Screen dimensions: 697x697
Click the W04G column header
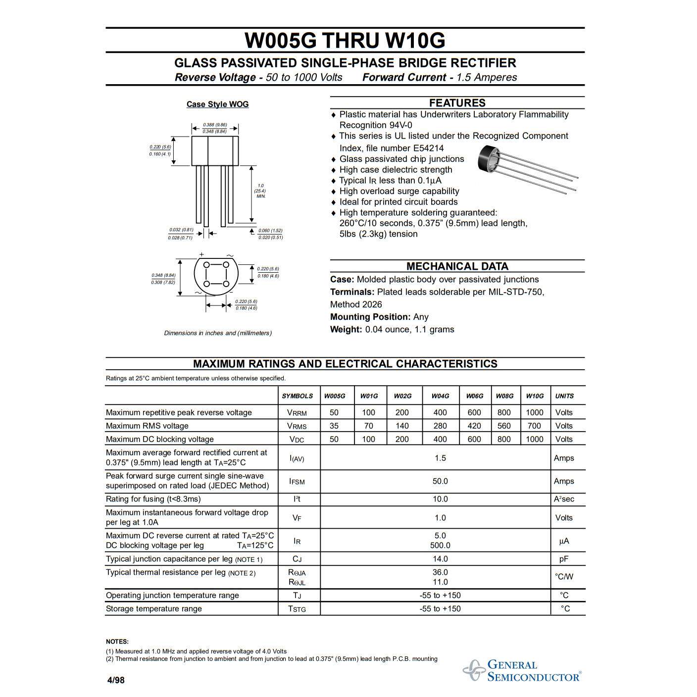click(x=440, y=396)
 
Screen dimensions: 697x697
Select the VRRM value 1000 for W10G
click(x=535, y=412)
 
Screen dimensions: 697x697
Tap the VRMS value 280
click(x=440, y=426)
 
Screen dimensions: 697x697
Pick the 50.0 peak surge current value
click(x=440, y=481)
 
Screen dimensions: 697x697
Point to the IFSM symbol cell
click(x=297, y=481)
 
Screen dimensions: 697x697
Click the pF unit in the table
click(x=564, y=559)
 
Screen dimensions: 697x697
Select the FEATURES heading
click(x=457, y=103)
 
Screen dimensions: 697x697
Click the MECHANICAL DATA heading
click(x=457, y=266)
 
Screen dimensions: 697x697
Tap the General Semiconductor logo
click(x=522, y=671)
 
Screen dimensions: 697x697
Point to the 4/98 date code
click(x=116, y=680)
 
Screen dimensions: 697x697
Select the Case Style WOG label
click(x=217, y=104)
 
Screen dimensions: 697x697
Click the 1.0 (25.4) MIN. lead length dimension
click(x=260, y=191)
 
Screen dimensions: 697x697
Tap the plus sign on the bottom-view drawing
click(x=201, y=254)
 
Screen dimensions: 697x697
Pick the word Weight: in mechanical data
click(x=346, y=330)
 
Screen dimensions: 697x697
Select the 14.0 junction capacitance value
click(x=440, y=559)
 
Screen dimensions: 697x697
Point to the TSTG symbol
click(x=297, y=609)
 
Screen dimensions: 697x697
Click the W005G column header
click(x=335, y=396)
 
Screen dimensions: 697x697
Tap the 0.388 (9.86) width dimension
click(x=215, y=125)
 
